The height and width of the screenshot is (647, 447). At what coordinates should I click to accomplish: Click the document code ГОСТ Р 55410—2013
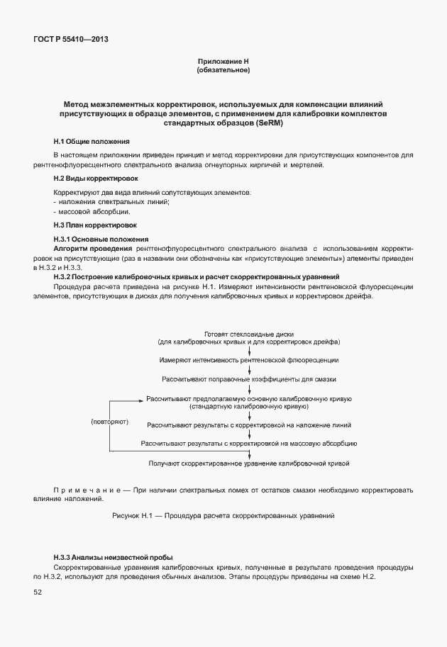70,40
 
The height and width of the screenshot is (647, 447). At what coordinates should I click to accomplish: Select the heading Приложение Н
223,62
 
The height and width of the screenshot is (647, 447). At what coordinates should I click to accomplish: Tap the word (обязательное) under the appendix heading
223,71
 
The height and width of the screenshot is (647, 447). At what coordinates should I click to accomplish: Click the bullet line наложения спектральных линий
114,202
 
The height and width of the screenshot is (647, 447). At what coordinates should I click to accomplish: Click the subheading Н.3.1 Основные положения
101,239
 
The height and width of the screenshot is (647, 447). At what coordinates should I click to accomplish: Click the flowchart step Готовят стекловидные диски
248,334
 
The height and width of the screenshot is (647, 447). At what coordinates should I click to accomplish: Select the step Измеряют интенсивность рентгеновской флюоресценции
248,360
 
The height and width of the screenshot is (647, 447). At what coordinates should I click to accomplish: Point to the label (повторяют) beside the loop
110,422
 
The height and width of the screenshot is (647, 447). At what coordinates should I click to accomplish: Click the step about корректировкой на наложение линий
248,424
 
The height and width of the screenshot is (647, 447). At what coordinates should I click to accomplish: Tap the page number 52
38,592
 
